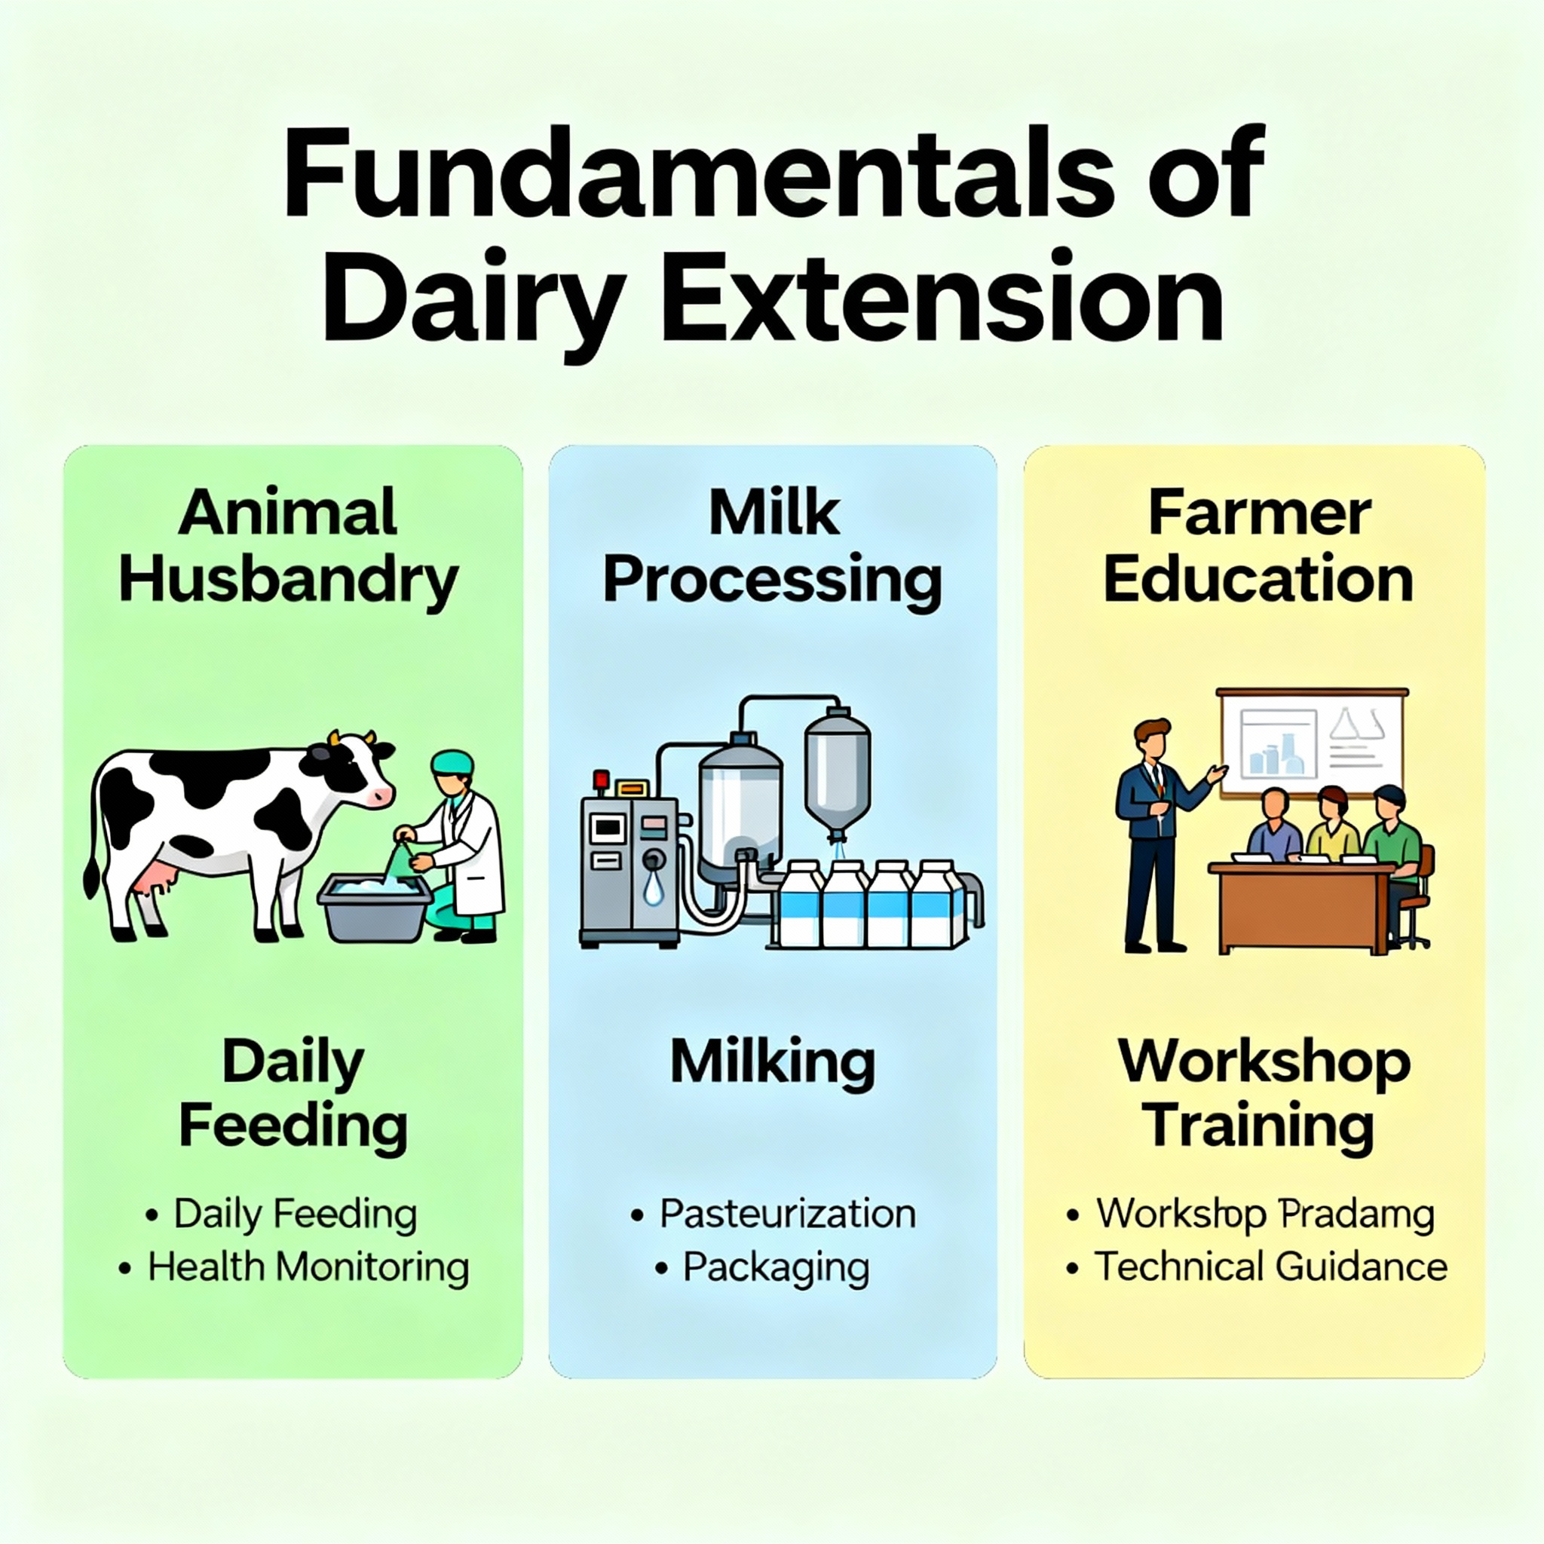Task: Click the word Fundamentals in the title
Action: [x=692, y=173]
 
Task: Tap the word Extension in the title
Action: [x=943, y=297]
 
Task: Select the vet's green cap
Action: [x=452, y=762]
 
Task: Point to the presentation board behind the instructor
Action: [x=1312, y=740]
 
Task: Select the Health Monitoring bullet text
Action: [x=308, y=1267]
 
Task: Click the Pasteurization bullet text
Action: [x=788, y=1213]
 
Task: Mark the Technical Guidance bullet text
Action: [x=1270, y=1267]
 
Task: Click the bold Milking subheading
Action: [x=772, y=1064]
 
